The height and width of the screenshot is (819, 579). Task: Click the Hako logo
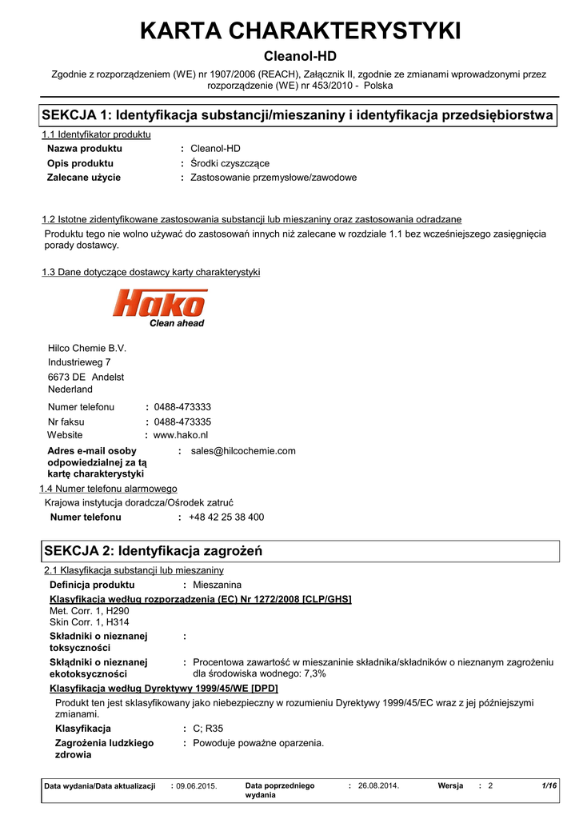point(160,304)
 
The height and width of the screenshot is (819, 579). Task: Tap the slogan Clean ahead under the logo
point(177,323)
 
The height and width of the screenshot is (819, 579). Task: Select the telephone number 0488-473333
point(182,407)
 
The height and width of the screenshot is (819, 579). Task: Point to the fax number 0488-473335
point(182,421)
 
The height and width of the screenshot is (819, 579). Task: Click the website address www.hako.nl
point(180,435)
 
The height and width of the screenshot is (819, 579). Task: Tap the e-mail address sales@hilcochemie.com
point(243,451)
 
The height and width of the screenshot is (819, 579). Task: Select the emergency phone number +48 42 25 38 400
point(226,517)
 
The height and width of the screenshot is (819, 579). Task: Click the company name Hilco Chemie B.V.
point(87,348)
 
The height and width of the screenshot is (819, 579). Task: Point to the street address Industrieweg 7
point(79,362)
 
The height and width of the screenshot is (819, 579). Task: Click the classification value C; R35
point(209,729)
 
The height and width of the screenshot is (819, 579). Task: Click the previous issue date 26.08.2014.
point(378,786)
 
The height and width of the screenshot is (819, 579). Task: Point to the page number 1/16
point(549,786)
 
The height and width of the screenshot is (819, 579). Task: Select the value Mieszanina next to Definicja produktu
point(218,585)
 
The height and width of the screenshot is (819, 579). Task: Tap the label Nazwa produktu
point(85,149)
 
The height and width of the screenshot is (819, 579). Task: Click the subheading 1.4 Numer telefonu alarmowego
point(109,489)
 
